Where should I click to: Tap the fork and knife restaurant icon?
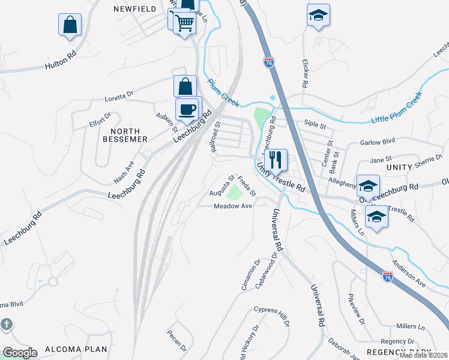(276, 160)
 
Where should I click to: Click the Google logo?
(20, 353)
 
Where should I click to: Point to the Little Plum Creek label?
(397, 109)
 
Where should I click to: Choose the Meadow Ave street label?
(233, 206)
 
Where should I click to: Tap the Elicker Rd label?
(304, 73)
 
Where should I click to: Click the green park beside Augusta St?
(235, 191)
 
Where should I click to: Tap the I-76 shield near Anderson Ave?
(388, 277)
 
